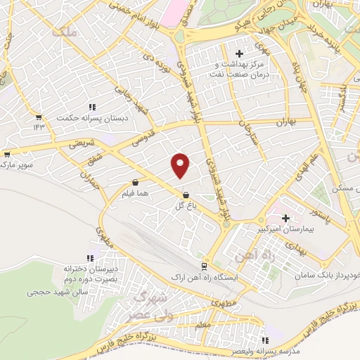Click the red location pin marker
tap(181, 165)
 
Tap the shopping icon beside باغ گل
tap(186, 195)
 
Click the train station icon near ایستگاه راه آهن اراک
tap(204, 266)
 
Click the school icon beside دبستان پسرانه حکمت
tap(91, 107)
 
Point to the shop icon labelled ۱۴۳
tap(38, 117)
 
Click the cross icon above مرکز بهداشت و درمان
tap(239, 53)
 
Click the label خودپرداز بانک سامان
tap(331, 262)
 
